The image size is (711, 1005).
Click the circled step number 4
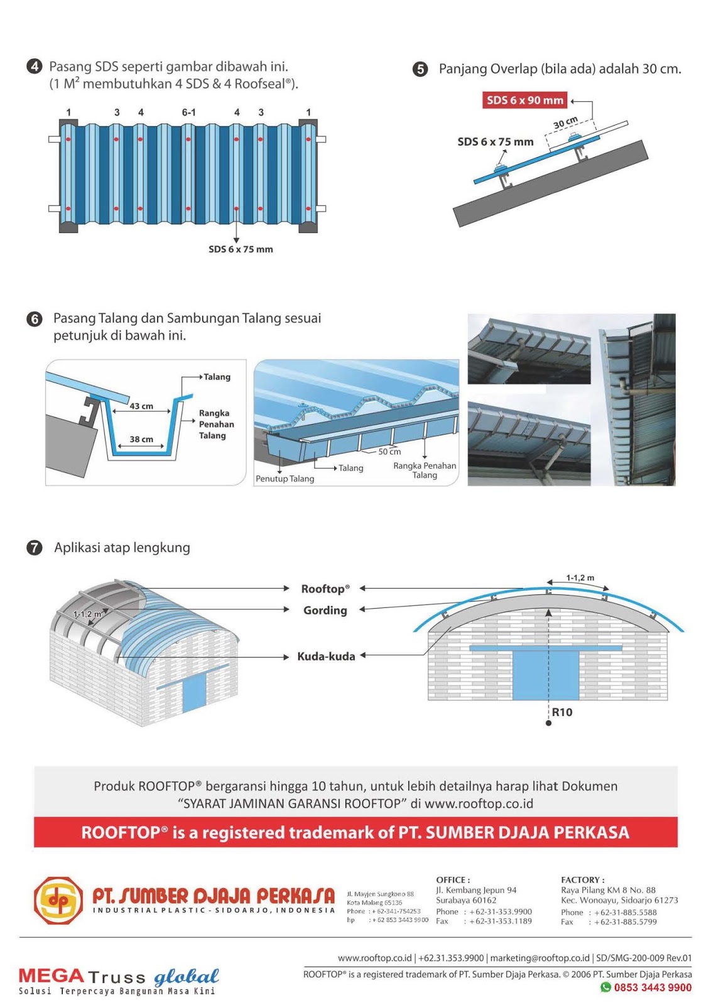(34, 67)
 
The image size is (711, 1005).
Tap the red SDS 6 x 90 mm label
(525, 100)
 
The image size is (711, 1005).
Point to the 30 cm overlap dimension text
(565, 123)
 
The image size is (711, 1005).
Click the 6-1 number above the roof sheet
(188, 112)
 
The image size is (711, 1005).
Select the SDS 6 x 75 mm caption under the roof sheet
(241, 249)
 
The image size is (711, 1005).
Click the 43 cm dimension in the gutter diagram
(141, 406)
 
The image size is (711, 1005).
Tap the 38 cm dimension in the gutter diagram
(141, 439)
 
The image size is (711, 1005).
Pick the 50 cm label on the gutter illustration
(389, 452)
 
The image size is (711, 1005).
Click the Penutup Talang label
(285, 479)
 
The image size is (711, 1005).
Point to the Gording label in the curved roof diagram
(325, 611)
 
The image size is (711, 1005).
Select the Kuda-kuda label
(326, 656)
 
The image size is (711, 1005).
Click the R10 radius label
(562, 712)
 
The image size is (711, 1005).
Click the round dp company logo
(58, 901)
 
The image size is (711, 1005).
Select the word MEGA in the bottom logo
(51, 975)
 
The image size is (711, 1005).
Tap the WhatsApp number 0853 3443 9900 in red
(653, 987)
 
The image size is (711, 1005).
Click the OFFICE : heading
(453, 880)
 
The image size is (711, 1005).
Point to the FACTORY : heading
(582, 880)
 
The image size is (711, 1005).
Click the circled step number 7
(34, 548)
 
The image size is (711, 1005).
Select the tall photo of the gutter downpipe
(636, 399)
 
